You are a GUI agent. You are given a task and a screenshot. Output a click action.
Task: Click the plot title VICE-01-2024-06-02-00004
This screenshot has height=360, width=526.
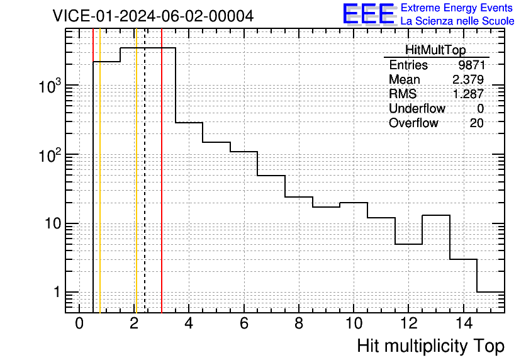click(x=153, y=16)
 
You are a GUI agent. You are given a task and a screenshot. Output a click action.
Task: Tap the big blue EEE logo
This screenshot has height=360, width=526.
click(x=368, y=14)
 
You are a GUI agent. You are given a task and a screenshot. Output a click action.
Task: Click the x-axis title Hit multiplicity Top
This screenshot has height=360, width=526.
click(x=431, y=346)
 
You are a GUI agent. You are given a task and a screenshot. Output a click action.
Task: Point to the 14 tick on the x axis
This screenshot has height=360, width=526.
click(x=464, y=323)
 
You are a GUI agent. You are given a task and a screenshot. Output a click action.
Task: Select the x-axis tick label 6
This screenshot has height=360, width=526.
click(x=244, y=323)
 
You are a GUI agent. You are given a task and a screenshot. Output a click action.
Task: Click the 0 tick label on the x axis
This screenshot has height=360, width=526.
click(x=79, y=323)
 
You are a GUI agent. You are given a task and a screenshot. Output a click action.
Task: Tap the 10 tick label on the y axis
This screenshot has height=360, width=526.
click(x=53, y=223)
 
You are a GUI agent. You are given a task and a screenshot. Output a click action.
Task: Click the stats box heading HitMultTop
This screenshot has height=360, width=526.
click(x=435, y=50)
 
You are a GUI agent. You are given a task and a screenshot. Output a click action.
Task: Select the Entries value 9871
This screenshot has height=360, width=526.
click(x=472, y=65)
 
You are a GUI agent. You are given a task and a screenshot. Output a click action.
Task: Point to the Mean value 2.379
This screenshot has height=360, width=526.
click(x=468, y=79)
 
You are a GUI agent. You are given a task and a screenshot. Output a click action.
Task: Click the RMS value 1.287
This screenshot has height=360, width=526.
click(x=468, y=94)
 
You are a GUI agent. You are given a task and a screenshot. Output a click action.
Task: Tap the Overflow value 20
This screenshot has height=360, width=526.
click(x=476, y=123)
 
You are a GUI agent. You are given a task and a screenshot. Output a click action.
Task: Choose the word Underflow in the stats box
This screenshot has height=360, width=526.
click(x=417, y=108)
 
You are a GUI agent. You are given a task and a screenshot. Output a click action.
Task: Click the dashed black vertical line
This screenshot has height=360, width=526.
click(x=145, y=171)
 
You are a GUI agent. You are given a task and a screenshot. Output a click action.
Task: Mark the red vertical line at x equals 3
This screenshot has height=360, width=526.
click(x=162, y=171)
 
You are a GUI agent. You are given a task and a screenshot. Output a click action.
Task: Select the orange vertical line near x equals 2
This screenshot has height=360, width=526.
click(x=137, y=171)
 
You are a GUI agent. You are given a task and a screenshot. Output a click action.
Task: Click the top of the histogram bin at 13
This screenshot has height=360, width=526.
click(x=436, y=215)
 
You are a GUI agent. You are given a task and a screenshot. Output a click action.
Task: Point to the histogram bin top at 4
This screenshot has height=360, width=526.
click(x=189, y=123)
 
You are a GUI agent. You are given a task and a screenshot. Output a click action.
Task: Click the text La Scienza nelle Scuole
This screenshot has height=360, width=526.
click(x=457, y=21)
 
